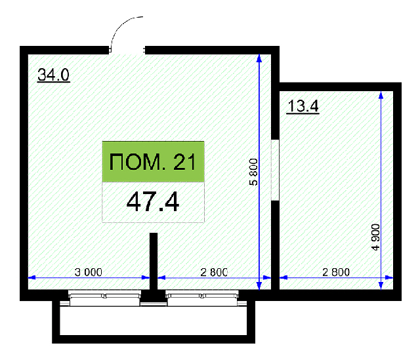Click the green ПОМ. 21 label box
pyautogui.click(x=153, y=162)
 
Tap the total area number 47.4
pyautogui.click(x=153, y=202)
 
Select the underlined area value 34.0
pyautogui.click(x=54, y=75)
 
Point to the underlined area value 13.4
pyautogui.click(x=303, y=106)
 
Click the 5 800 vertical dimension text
pyautogui.click(x=253, y=172)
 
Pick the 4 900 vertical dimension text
pyautogui.click(x=375, y=237)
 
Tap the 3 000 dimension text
pyautogui.click(x=89, y=272)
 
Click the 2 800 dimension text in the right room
pyautogui.click(x=336, y=272)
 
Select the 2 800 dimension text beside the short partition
pyautogui.click(x=214, y=272)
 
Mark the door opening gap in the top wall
pyautogui.click(x=127, y=50)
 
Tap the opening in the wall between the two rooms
pyautogui.click(x=275, y=170)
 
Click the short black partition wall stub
pyautogui.click(x=154, y=261)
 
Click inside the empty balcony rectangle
pyautogui.click(x=153, y=321)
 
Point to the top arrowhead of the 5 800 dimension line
pyautogui.click(x=259, y=58)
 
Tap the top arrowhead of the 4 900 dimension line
pyautogui.click(x=381, y=95)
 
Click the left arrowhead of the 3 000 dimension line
pyautogui.click(x=32, y=277)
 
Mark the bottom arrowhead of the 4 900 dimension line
pyautogui.click(x=381, y=286)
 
